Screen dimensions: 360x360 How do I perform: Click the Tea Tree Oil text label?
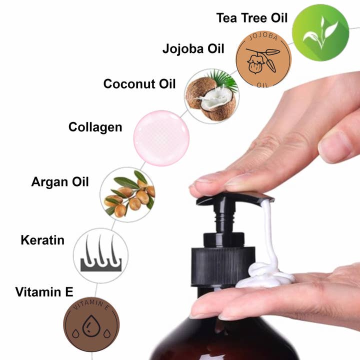252,18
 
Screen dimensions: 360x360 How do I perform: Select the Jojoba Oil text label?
193,49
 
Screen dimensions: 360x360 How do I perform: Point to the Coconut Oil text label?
139,83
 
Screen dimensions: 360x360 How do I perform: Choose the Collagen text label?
95,127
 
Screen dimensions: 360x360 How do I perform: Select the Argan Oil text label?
60,181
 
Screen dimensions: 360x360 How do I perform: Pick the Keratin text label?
42,240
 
